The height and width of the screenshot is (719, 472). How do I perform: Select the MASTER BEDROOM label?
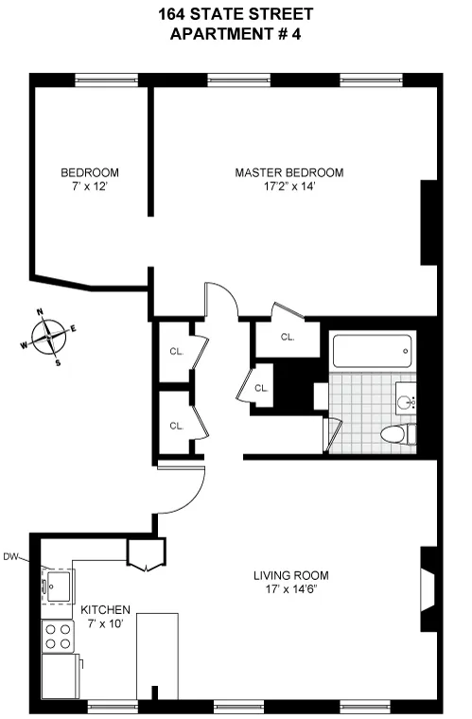289,173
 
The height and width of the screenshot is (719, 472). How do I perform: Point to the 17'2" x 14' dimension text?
289,187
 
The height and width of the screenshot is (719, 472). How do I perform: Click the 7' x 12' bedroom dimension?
89,187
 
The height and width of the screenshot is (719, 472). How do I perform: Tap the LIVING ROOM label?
290,575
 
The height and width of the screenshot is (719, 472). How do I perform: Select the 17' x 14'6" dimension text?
290,589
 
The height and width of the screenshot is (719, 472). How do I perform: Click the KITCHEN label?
105,610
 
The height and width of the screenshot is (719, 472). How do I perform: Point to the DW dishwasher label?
11,556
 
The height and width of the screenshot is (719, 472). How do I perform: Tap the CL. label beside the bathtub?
288,337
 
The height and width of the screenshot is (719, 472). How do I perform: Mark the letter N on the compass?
40,311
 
